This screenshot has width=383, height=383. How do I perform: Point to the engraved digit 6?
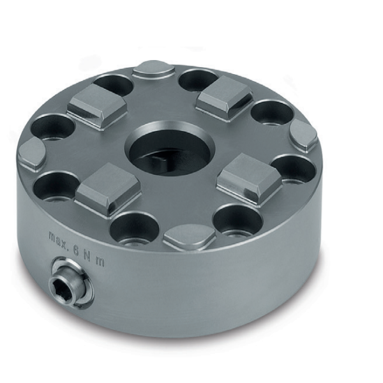(76, 250)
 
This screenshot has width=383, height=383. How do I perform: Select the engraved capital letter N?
(87, 256)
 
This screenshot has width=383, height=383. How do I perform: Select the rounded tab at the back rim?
(154, 68)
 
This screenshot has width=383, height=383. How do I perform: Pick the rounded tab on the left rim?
(31, 153)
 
